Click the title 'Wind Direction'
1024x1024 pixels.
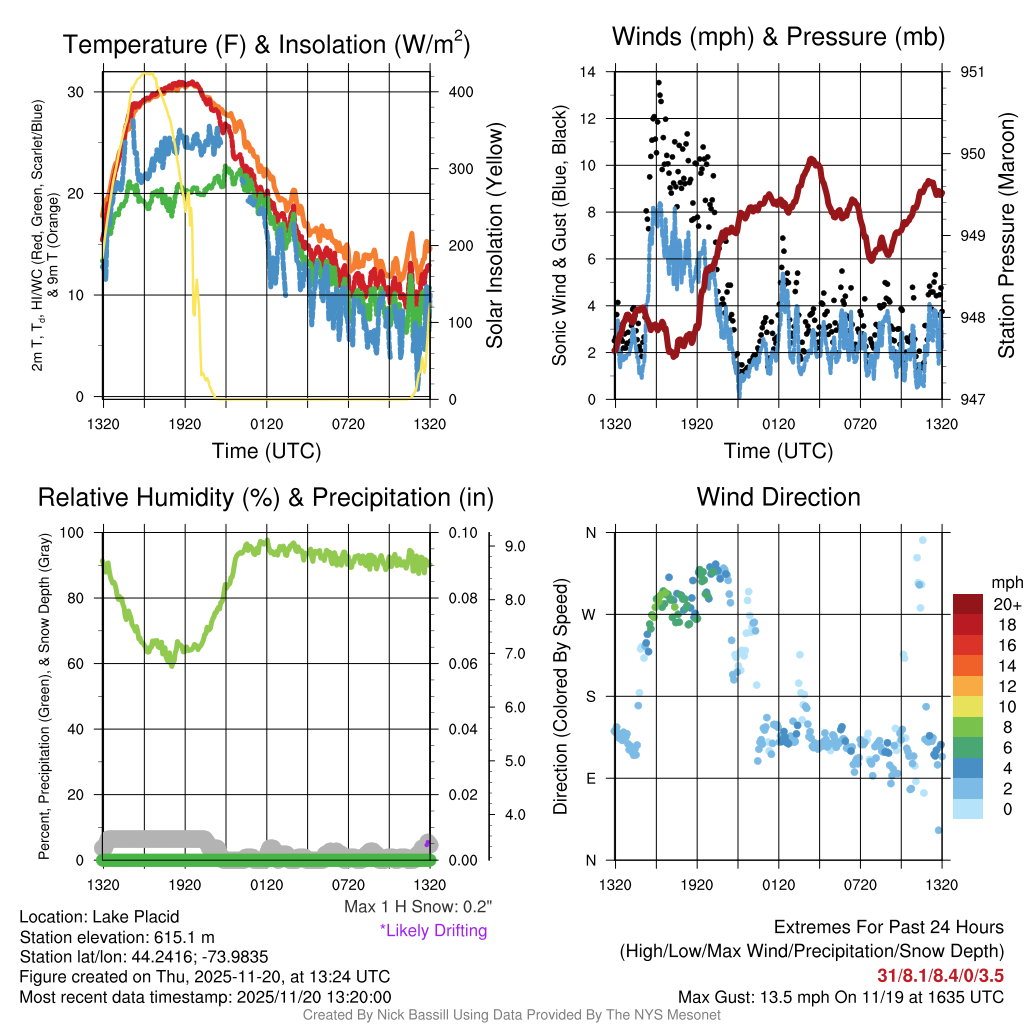tap(778, 497)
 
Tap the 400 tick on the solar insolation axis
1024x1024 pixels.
tap(460, 92)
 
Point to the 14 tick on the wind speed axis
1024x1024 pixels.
tap(589, 72)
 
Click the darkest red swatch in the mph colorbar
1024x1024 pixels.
tap(969, 604)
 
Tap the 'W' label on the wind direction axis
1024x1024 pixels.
tap(591, 614)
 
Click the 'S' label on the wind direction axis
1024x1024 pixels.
tap(591, 696)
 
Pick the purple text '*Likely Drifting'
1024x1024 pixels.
tap(433, 930)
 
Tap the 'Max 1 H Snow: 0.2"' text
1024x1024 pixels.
tap(418, 907)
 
